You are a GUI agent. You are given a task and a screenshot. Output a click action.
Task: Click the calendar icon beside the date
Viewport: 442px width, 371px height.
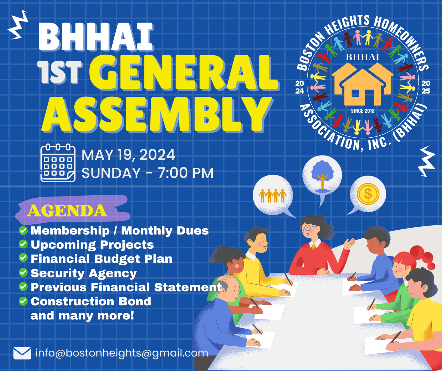pos(58,163)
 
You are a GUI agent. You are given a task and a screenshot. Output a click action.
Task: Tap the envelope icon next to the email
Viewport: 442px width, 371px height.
pos(22,353)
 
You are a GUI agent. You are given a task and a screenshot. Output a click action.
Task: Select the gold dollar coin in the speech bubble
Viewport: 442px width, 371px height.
pos(368,194)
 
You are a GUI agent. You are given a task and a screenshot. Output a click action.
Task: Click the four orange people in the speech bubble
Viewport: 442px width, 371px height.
pos(273,196)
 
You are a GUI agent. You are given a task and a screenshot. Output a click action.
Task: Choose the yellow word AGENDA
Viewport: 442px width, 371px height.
pos(67,211)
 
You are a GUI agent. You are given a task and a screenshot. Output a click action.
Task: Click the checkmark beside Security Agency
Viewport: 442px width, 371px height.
pos(23,272)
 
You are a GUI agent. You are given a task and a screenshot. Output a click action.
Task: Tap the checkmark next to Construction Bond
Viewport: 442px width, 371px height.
pos(23,301)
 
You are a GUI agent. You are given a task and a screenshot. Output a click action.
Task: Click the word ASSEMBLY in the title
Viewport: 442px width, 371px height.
pos(157,114)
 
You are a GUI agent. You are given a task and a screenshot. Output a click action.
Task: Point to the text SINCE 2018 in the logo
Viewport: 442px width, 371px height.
pos(363,111)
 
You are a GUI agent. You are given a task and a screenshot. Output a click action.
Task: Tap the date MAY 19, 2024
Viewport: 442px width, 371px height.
pos(128,155)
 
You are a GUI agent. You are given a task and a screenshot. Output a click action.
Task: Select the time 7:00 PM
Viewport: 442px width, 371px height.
pos(185,173)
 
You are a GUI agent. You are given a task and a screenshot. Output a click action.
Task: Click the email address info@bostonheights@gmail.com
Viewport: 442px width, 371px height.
pos(122,353)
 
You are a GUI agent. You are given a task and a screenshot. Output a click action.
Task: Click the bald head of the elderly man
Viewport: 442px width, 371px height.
pos(229,283)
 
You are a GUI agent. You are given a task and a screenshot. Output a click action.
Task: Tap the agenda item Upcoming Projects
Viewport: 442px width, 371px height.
pos(92,245)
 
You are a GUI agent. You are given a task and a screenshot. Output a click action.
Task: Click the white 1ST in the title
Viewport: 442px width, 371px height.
pos(59,72)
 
